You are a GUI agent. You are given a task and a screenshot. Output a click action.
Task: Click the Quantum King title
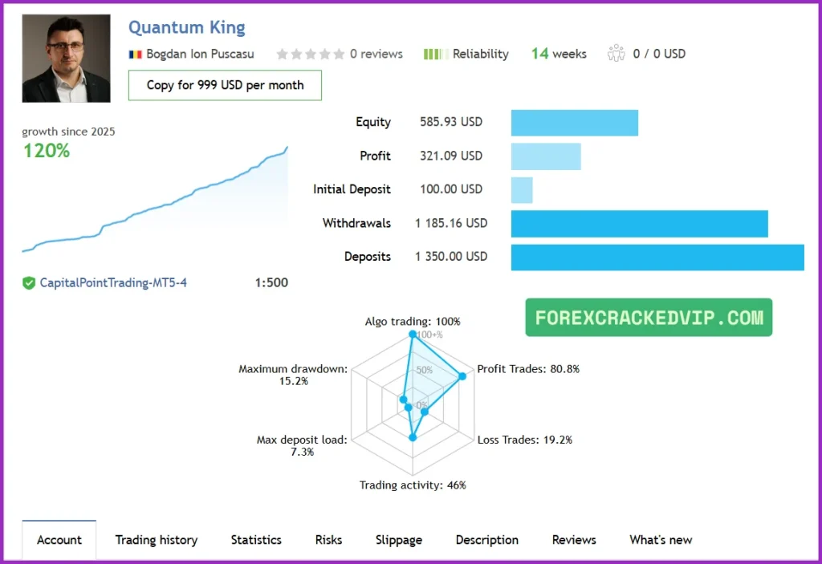(186, 27)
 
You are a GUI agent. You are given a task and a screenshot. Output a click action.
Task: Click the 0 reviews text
(376, 54)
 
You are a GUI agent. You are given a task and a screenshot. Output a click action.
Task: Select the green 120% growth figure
(46, 150)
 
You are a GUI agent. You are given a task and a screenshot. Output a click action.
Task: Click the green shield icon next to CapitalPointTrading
(29, 282)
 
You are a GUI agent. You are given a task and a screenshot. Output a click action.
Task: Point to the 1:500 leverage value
(271, 282)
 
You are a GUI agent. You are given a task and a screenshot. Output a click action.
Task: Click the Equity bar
(574, 123)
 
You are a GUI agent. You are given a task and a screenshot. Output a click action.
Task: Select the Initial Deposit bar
(522, 190)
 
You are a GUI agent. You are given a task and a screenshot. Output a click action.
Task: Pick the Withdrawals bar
(639, 224)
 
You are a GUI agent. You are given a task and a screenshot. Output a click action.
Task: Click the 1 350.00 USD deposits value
(451, 257)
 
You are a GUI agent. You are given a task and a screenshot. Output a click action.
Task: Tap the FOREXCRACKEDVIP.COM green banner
(649, 318)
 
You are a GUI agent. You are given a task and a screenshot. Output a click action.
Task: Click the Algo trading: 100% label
(413, 322)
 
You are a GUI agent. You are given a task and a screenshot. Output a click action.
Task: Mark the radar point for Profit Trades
(462, 376)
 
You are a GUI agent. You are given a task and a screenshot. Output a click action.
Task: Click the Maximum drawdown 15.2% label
(292, 375)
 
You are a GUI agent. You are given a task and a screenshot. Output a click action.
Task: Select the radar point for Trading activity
(413, 438)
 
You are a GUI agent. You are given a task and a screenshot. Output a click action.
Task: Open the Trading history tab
(156, 540)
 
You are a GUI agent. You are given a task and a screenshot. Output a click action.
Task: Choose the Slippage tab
(398, 540)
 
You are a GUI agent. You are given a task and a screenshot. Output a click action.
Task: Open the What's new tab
(660, 540)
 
